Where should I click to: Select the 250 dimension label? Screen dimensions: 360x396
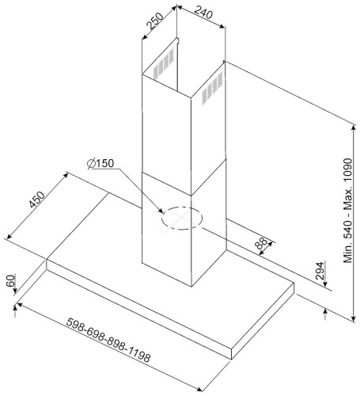click(155, 21)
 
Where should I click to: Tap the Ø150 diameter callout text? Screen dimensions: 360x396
click(100, 163)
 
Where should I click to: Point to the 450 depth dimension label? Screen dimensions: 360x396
click(37, 200)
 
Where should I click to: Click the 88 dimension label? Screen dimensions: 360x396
click(261, 244)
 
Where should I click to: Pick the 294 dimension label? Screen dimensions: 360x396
click(320, 271)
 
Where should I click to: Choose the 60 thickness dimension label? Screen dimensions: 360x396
click(11, 280)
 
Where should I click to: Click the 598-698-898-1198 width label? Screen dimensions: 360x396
click(108, 340)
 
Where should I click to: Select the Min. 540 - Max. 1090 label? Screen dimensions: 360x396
click(348, 211)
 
